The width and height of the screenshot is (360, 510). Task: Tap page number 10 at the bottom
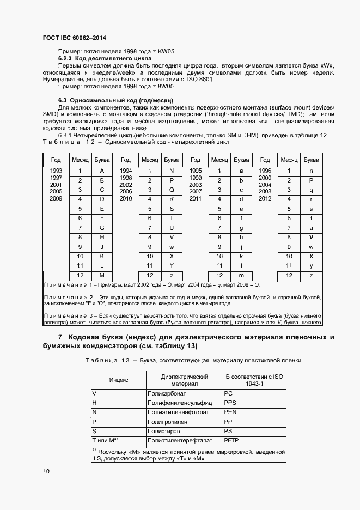pos(46,471)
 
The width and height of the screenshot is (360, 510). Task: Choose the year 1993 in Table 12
pos(56,171)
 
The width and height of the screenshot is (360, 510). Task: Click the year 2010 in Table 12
pos(126,199)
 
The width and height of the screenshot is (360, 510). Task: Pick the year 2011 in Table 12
pos(196,199)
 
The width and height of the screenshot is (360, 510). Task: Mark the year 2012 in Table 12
pos(265,199)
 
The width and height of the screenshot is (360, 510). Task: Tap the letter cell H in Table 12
pos(102,237)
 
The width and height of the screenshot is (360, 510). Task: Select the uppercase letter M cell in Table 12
pos(102,275)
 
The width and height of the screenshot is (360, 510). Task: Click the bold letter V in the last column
pos(311,237)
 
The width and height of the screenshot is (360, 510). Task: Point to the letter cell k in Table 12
pos(241,256)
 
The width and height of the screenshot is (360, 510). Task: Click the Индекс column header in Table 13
pos(119,379)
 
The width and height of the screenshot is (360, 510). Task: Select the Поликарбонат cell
pos(165,392)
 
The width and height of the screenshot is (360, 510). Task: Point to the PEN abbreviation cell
pos(231,411)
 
